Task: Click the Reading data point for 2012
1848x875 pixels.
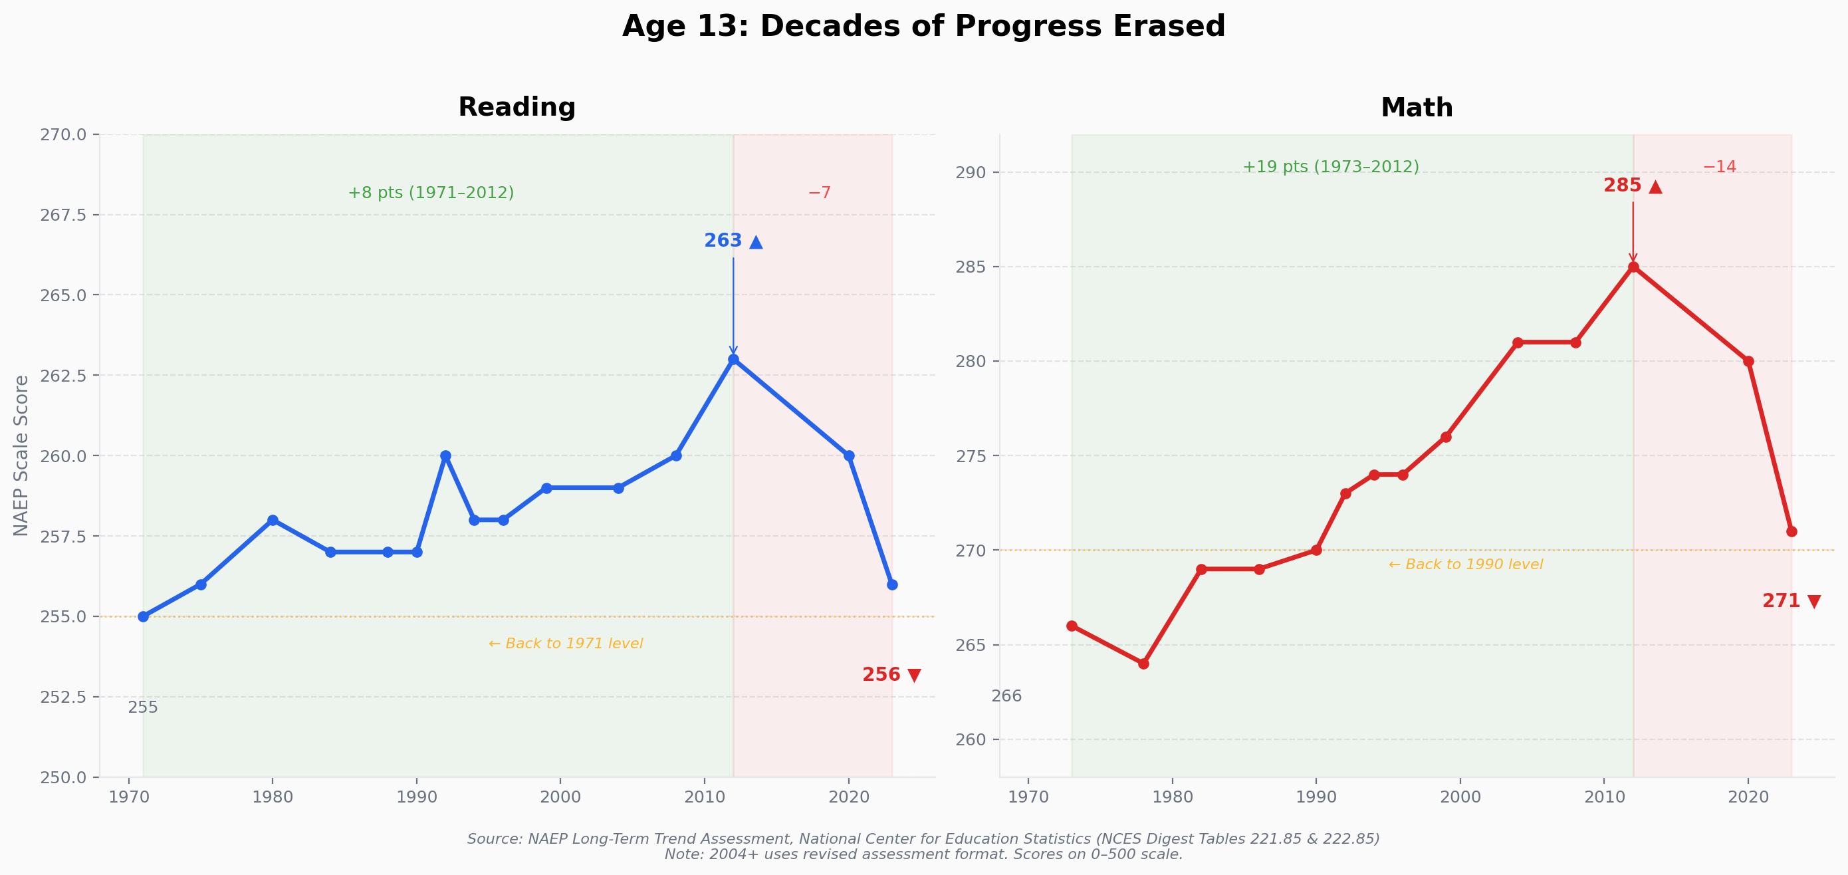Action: point(733,359)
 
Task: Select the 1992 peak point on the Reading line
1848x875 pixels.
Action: point(445,456)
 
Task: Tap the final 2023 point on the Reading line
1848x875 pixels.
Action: point(893,584)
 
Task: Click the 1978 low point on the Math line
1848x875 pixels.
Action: point(1143,664)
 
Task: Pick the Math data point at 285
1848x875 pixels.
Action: point(1633,267)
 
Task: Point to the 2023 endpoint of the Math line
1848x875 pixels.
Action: point(1791,531)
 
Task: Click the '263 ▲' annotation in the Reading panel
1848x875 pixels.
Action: point(733,241)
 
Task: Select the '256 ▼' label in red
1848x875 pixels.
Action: point(891,675)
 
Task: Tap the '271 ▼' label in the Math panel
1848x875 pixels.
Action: point(1791,602)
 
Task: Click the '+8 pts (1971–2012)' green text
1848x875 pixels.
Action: point(431,193)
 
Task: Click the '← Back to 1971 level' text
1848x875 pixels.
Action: point(565,644)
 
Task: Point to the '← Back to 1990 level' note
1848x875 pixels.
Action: point(1466,565)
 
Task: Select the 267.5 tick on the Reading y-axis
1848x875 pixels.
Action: point(63,215)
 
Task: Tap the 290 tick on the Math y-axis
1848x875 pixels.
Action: point(971,172)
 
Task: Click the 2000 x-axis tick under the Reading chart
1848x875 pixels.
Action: point(560,797)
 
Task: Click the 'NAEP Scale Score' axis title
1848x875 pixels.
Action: point(21,456)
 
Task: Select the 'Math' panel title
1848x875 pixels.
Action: point(1417,108)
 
